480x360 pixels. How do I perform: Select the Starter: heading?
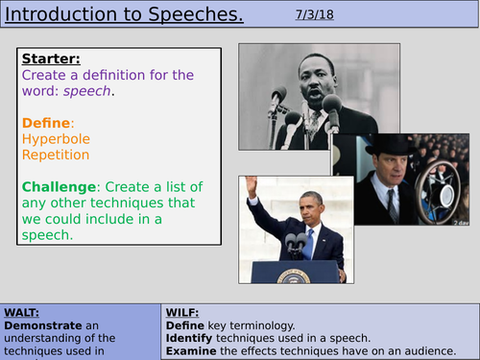tap(53, 60)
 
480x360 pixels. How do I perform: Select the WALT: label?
tap(24, 314)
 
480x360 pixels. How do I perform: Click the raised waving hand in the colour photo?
tap(252, 184)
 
